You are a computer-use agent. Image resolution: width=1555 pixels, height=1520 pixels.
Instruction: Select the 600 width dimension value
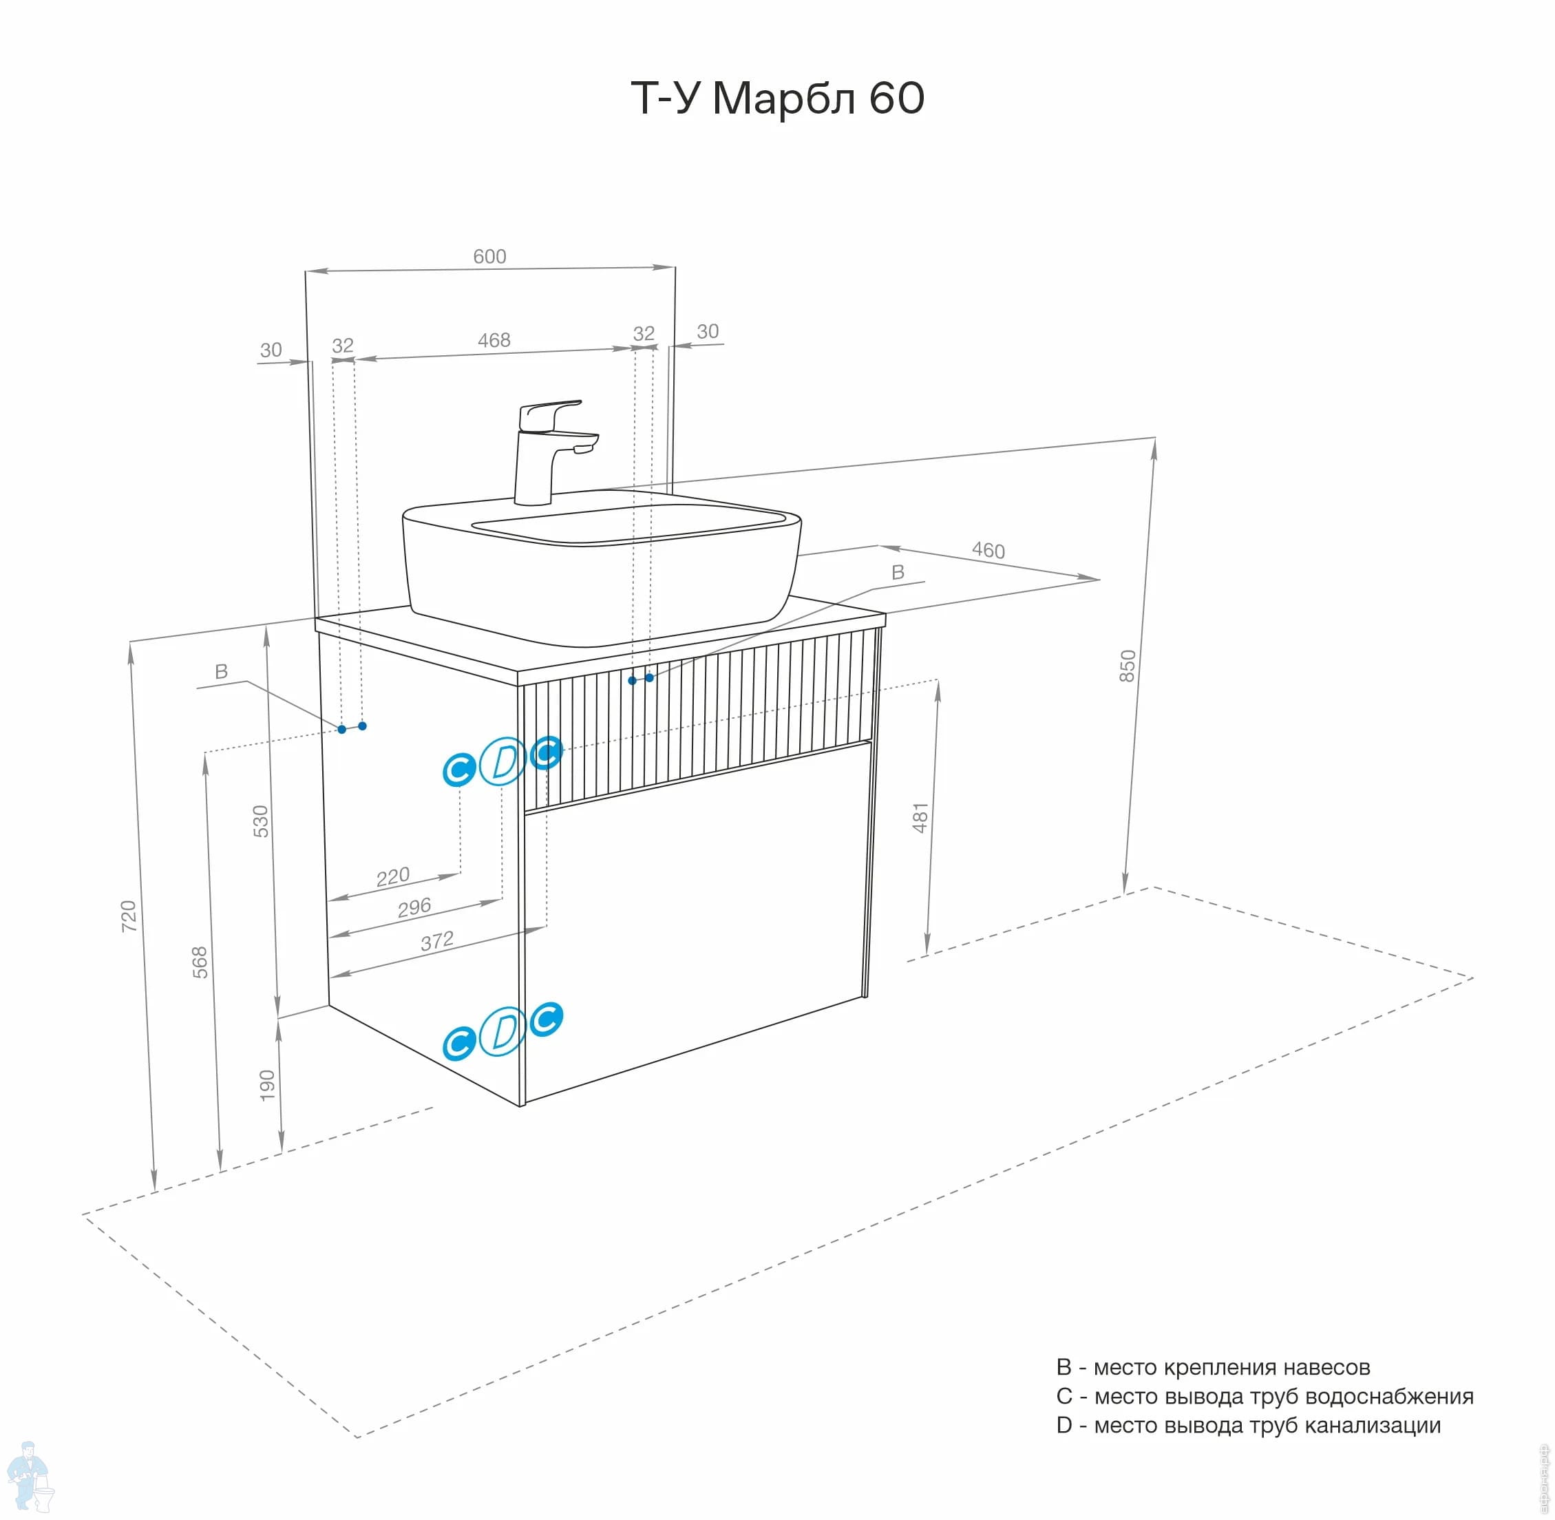[x=489, y=256]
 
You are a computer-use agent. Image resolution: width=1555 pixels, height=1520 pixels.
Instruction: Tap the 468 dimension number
[x=494, y=340]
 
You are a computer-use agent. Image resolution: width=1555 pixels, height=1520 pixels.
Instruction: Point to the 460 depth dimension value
[x=988, y=550]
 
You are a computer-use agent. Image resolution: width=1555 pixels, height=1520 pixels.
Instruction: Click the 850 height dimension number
[x=1126, y=665]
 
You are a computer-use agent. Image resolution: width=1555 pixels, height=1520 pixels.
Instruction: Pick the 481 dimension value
[x=920, y=819]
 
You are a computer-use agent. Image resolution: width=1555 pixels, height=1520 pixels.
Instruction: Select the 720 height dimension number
[x=129, y=916]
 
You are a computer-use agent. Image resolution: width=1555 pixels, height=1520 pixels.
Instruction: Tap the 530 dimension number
[x=261, y=821]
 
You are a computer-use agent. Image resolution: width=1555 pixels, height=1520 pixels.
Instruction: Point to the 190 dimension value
[x=266, y=1085]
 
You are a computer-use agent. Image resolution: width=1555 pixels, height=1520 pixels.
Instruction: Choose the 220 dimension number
[x=393, y=876]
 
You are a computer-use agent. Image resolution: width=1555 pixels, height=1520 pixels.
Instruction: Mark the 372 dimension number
[x=436, y=941]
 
